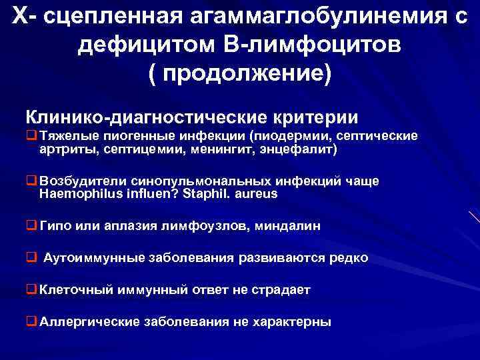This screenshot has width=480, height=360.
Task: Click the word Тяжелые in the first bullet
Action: point(66,136)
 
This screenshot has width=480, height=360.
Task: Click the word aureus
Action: point(257,194)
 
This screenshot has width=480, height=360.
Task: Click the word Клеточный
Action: point(75,290)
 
